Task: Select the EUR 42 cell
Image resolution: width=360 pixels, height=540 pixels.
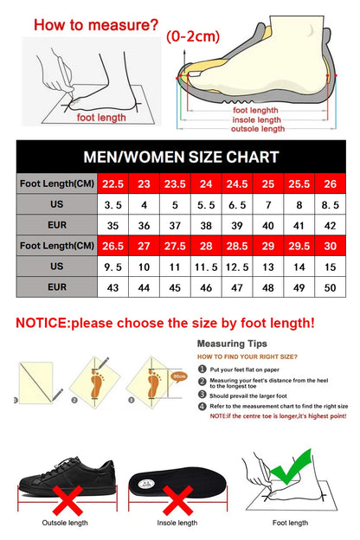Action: pyautogui.click(x=330, y=225)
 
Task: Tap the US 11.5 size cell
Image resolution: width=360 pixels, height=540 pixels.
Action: pyautogui.click(x=207, y=267)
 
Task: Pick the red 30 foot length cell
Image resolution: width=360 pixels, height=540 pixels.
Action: pyautogui.click(x=330, y=246)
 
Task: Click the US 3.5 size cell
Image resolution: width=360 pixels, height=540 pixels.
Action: pyautogui.click(x=112, y=205)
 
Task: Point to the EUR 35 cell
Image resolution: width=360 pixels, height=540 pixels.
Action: pyautogui.click(x=112, y=225)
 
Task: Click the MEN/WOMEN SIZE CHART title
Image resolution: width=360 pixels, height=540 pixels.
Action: pyautogui.click(x=181, y=157)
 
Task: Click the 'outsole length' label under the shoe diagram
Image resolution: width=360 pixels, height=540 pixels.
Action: pyautogui.click(x=257, y=129)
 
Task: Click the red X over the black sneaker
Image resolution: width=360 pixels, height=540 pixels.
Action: pyautogui.click(x=68, y=499)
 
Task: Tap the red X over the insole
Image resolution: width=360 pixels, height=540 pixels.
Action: pyautogui.click(x=177, y=499)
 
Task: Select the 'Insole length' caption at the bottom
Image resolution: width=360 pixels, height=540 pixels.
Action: pyautogui.click(x=177, y=523)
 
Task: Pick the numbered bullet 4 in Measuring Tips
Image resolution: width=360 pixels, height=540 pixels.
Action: pyautogui.click(x=202, y=406)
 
